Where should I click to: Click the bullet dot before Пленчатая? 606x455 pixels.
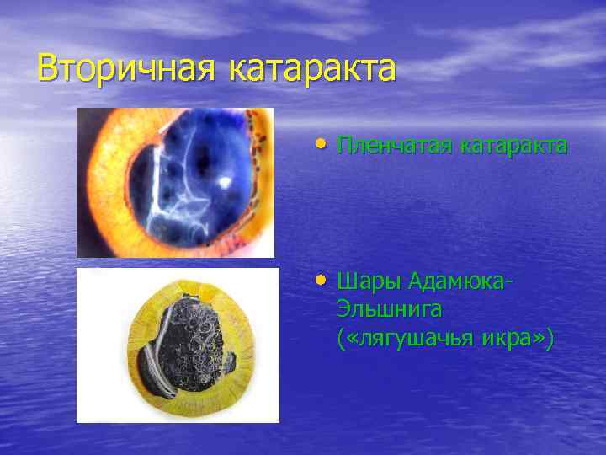pos(323,144)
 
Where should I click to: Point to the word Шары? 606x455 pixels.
pos(368,280)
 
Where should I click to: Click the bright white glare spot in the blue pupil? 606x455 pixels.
pos(225,182)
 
